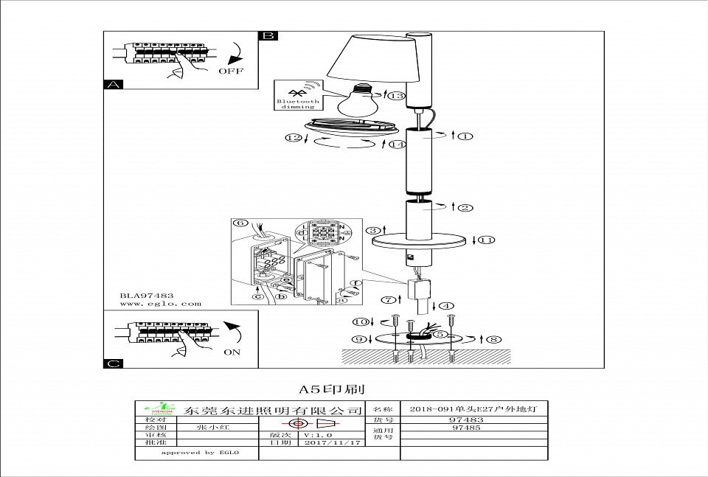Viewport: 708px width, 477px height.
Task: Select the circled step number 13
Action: click(x=398, y=96)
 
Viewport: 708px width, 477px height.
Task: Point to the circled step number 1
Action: click(x=465, y=136)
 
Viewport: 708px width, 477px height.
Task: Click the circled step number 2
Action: click(x=465, y=207)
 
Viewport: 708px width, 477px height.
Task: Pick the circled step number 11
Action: click(x=487, y=240)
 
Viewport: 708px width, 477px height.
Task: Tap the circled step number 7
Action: click(x=387, y=299)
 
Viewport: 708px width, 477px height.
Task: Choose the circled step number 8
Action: click(x=493, y=338)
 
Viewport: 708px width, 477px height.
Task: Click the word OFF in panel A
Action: click(x=229, y=72)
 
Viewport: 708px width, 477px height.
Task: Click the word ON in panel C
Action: click(x=232, y=352)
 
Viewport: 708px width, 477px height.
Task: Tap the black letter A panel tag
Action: click(x=111, y=85)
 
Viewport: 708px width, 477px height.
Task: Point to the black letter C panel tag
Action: click(x=111, y=363)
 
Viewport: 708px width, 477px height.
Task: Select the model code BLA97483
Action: click(x=147, y=295)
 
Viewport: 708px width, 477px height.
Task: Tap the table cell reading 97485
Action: click(x=465, y=427)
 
